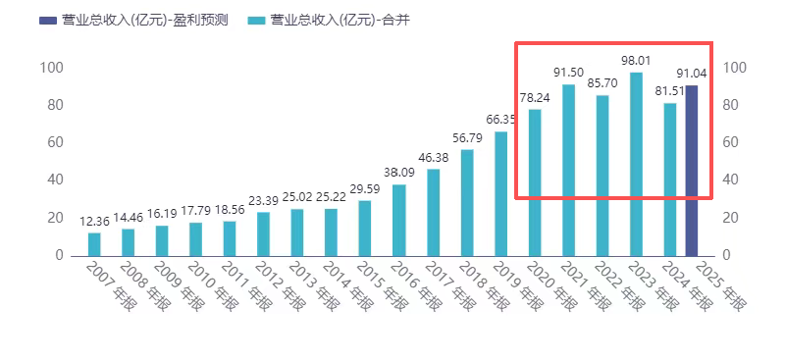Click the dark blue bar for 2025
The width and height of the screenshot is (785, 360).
(x=692, y=171)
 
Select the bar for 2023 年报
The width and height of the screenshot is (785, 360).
(x=636, y=164)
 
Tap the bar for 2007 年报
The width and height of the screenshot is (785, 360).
(x=94, y=244)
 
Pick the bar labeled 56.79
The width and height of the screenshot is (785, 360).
(x=467, y=203)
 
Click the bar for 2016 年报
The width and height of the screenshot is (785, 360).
(x=399, y=221)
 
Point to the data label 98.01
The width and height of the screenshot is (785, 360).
(x=636, y=61)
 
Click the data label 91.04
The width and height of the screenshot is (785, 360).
(x=692, y=75)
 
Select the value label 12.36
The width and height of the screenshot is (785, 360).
(x=94, y=222)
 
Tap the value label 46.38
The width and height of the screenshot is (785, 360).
(x=433, y=158)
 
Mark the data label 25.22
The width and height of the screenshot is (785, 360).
(x=331, y=197)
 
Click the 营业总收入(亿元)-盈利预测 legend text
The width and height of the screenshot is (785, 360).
(x=145, y=20)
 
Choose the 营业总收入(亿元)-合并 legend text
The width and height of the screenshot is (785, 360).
(x=340, y=20)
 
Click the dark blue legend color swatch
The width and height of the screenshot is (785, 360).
(x=48, y=21)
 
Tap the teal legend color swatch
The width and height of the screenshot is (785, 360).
(x=257, y=21)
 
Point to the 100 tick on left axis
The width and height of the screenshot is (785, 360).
(x=52, y=68)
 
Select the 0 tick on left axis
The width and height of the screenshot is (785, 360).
(x=60, y=255)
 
